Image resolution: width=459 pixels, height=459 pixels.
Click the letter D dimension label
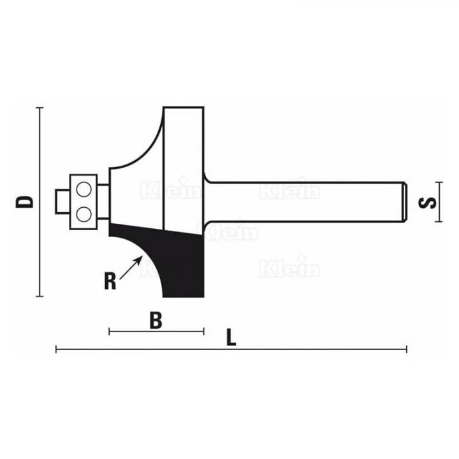point(25,202)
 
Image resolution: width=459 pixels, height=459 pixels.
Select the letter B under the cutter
point(155,321)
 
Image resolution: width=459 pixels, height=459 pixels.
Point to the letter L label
point(231,339)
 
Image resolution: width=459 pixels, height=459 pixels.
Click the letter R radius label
point(110,280)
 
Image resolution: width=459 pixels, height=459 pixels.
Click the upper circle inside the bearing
point(84,189)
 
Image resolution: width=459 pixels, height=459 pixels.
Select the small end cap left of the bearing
point(62,201)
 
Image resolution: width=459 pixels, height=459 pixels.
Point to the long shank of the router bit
point(306,201)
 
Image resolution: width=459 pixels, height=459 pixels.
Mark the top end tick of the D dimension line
point(41,108)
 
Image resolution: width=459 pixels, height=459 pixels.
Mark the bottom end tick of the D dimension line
point(41,296)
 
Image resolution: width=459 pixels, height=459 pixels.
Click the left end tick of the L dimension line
point(57,349)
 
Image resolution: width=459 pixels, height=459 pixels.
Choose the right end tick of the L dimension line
point(407,349)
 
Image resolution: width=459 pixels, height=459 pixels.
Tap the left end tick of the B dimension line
point(110,331)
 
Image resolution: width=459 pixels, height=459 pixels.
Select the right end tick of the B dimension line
point(203,331)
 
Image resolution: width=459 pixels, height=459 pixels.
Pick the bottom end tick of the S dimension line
point(439,222)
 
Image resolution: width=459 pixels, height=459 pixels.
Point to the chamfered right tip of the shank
point(404,201)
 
